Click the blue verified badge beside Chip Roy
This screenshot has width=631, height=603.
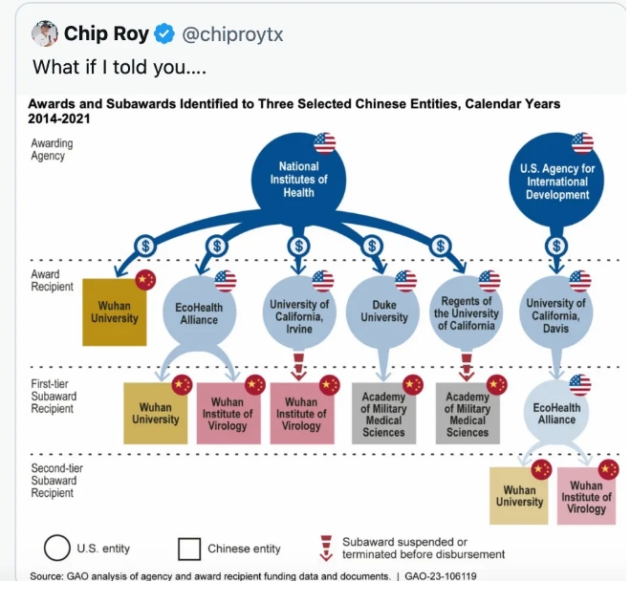[165, 33]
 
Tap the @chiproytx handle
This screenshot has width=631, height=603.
[232, 34]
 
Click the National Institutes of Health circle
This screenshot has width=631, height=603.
[298, 180]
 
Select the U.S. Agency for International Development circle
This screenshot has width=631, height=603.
[556, 180]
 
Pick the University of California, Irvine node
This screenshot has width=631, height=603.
[299, 312]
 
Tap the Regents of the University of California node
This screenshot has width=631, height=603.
[466, 312]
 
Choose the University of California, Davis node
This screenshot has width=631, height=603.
[555, 312]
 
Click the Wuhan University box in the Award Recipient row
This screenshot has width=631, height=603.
[115, 312]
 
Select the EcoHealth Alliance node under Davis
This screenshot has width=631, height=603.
[556, 413]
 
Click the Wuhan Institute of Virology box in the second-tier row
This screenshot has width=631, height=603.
[586, 496]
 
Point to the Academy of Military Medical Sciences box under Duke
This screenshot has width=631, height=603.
[384, 414]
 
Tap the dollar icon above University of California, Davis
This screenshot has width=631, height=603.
[556, 246]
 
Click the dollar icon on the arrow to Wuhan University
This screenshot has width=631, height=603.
[145, 246]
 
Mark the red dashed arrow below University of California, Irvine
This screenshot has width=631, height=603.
[298, 367]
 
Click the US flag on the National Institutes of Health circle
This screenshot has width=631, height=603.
[325, 143]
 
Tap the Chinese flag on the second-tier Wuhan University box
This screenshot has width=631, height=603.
[541, 469]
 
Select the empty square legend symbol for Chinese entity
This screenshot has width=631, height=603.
[189, 549]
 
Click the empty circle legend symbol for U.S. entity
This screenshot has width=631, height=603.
[57, 548]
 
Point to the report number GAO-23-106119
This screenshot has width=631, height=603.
[440, 576]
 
